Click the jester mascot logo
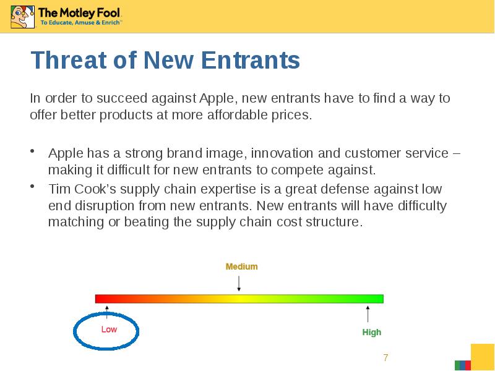point(22,17)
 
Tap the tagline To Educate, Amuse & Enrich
point(80,22)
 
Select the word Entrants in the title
point(251,60)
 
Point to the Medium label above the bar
point(241,267)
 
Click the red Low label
point(109,330)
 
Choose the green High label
point(372,332)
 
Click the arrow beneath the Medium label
point(239,283)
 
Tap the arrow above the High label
point(368,314)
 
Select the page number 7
point(385,358)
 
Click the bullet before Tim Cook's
point(32,187)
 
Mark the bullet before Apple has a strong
point(32,151)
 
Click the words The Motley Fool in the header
point(79,12)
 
